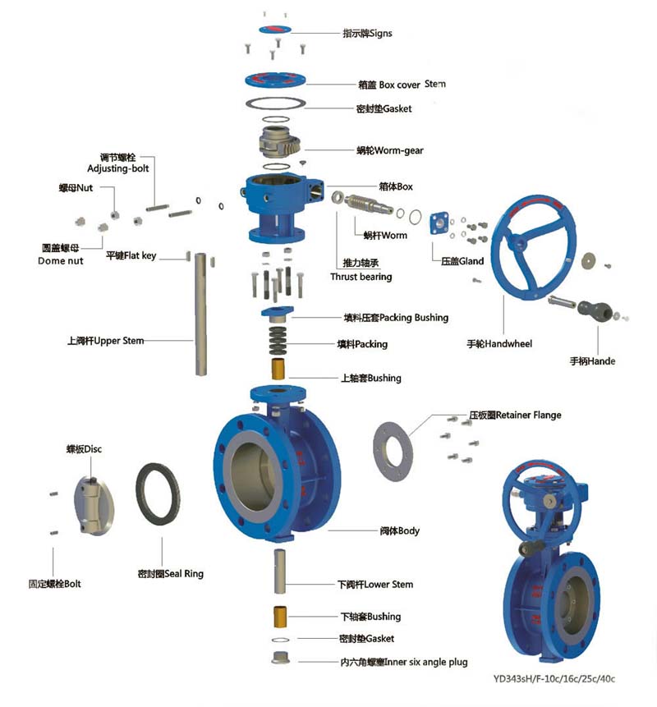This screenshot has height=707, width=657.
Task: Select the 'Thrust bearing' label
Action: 361,277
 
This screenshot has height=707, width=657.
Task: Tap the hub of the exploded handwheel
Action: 518,243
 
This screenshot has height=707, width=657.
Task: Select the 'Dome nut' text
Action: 62,260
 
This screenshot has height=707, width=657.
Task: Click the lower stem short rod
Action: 280,568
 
